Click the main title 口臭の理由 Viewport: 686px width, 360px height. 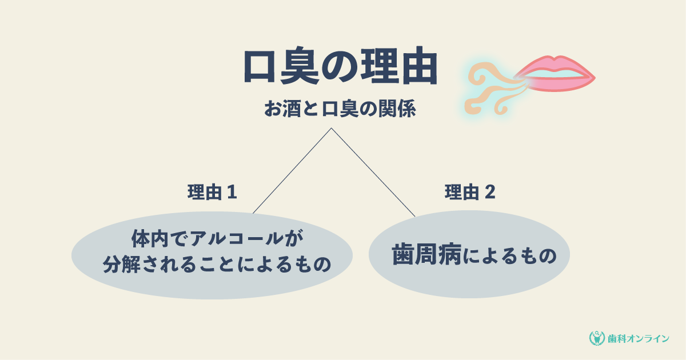(341, 66)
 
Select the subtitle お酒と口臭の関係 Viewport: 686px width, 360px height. (340, 109)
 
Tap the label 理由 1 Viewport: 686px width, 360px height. (212, 192)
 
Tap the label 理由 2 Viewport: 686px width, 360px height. (470, 192)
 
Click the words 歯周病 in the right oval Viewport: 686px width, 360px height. (426, 255)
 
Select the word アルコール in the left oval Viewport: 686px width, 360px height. (236, 239)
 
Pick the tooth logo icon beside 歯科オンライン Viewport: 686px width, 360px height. (597, 338)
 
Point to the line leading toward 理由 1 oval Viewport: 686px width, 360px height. (292, 170)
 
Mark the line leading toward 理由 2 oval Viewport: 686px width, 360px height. (373, 172)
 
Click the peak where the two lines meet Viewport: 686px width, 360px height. (331, 128)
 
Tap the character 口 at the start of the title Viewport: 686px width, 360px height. (259, 66)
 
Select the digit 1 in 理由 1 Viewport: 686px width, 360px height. (233, 192)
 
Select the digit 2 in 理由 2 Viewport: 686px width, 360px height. (490, 192)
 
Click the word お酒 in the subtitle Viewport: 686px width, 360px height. (282, 109)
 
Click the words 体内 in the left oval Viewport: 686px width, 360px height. (150, 239)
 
